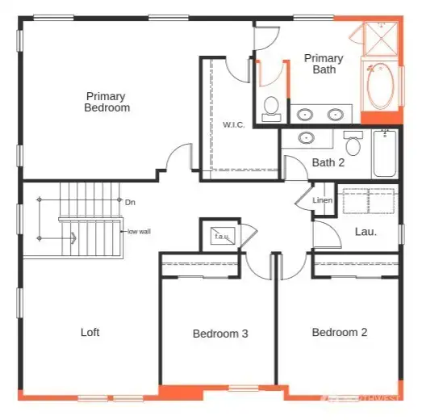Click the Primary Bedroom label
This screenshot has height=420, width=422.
107,102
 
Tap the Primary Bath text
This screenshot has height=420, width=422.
323,64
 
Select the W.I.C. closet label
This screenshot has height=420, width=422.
234,124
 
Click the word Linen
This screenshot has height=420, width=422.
323,200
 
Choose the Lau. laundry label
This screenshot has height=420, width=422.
366,232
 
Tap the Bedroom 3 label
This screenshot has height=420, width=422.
220,334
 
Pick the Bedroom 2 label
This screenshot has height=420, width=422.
340,332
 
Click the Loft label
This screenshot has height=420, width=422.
90,332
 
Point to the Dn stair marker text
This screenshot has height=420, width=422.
130,202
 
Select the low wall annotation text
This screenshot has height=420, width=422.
139,232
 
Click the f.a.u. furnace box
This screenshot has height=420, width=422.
220,235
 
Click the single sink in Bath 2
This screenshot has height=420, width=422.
306,138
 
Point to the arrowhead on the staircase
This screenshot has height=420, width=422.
73,238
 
